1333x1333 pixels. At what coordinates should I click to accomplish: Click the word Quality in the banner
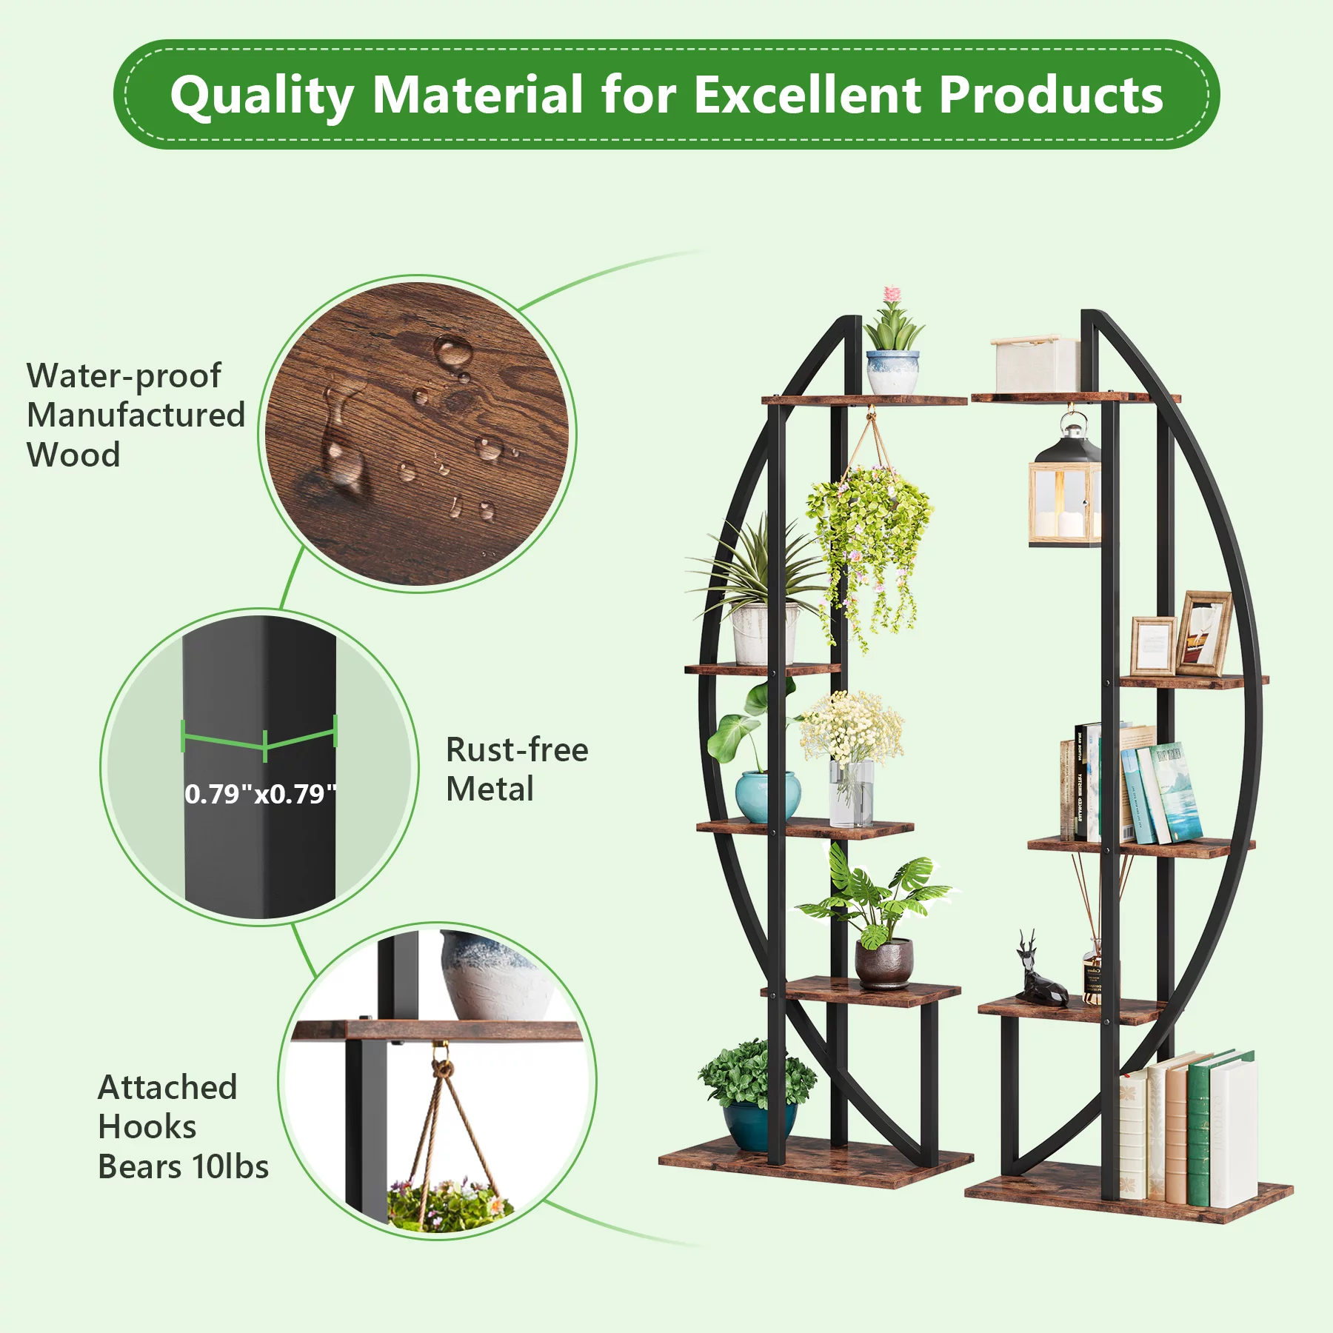(x=262, y=96)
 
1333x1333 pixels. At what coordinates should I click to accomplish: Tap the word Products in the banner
(x=1051, y=95)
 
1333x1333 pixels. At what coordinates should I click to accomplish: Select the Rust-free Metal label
(x=517, y=769)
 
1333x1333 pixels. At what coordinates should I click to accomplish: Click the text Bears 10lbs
(x=183, y=1167)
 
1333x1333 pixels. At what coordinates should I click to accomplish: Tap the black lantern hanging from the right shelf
(x=1065, y=481)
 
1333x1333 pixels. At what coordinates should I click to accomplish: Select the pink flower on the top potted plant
(x=892, y=295)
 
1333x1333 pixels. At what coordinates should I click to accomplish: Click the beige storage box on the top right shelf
(x=1037, y=364)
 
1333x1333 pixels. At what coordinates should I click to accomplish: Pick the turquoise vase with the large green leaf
(x=767, y=796)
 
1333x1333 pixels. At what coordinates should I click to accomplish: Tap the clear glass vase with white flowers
(x=852, y=793)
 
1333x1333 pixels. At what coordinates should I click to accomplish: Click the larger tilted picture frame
(x=1203, y=633)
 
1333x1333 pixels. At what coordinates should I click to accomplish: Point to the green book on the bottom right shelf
(x=1199, y=1129)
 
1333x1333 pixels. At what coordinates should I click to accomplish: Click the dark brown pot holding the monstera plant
(x=884, y=963)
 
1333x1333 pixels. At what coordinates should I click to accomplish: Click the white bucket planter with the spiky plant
(x=764, y=633)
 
